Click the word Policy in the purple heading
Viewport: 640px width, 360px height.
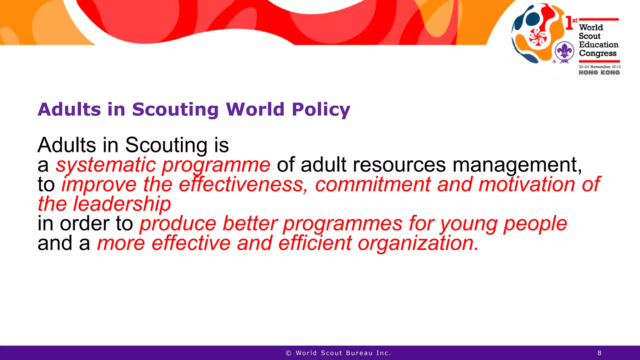(x=321, y=110)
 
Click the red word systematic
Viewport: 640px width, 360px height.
(x=106, y=165)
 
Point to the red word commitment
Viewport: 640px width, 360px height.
(x=373, y=184)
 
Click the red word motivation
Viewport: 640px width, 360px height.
(x=527, y=184)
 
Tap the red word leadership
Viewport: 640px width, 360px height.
(x=122, y=204)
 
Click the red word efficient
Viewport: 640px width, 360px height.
(x=315, y=243)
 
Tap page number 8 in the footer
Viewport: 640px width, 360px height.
(x=599, y=353)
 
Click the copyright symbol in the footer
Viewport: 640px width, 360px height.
(x=288, y=353)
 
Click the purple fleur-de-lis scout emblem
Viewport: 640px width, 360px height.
(x=564, y=52)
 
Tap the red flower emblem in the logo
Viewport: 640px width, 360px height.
(x=537, y=37)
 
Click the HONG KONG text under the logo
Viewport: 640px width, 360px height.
(x=599, y=72)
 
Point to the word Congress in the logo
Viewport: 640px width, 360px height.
(x=597, y=53)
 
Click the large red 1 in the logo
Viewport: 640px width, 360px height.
(x=569, y=23)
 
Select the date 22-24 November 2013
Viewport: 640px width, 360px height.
(x=599, y=67)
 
